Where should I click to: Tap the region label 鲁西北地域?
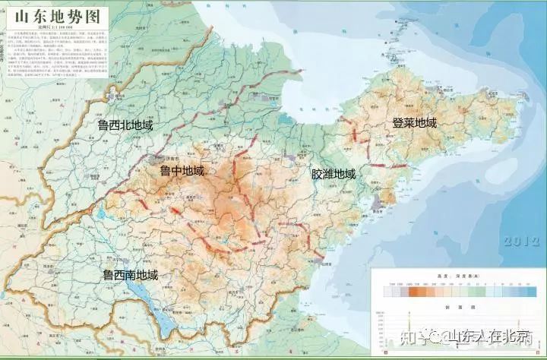click(x=119, y=125)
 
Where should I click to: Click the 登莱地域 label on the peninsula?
click(x=414, y=123)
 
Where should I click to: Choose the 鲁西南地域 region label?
click(x=130, y=275)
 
